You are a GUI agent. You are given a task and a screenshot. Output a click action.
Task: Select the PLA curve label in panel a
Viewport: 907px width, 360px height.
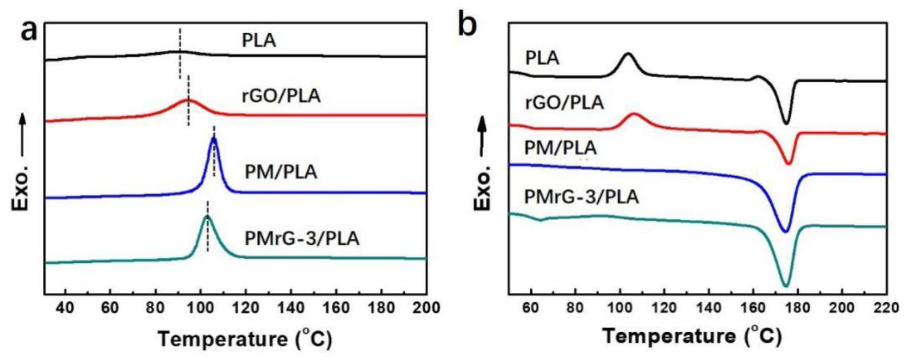[x=259, y=41]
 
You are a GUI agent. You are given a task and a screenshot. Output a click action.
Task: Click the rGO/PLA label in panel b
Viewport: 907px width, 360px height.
[x=564, y=103]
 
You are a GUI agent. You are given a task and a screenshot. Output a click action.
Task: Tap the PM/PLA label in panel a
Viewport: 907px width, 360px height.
[x=281, y=172]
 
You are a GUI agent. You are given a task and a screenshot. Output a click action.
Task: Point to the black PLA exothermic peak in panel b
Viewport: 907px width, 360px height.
[x=628, y=54]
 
